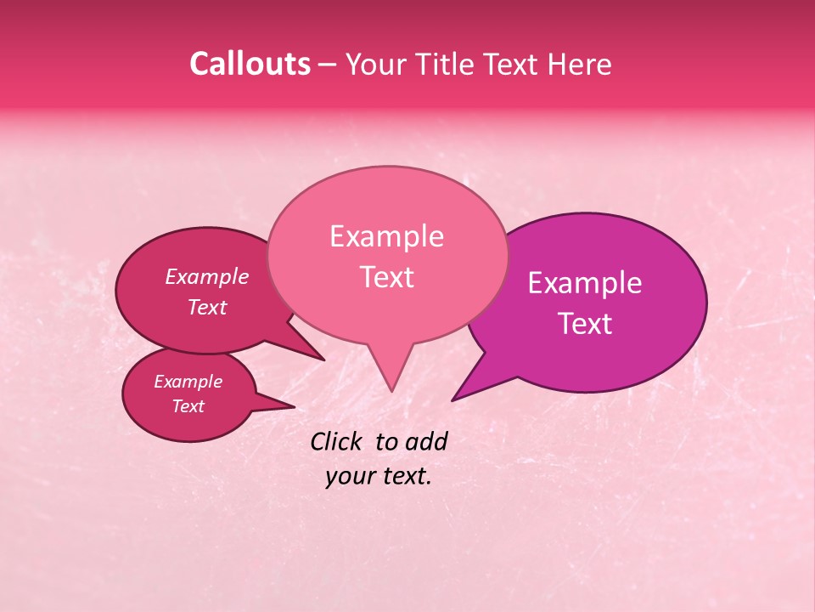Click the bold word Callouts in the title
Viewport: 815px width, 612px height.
pyautogui.click(x=250, y=64)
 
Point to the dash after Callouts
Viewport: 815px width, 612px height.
pyautogui.click(x=328, y=65)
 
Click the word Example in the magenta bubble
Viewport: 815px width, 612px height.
pyautogui.click(x=585, y=283)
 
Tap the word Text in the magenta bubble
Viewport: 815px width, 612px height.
pyautogui.click(x=585, y=323)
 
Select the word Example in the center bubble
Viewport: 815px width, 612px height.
pyautogui.click(x=386, y=236)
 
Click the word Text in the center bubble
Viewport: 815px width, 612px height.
pyautogui.click(x=386, y=276)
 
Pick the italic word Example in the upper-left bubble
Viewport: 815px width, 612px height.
pyautogui.click(x=206, y=276)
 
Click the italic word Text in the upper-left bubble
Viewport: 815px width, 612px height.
pyautogui.click(x=206, y=307)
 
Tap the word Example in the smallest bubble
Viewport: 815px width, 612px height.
pyautogui.click(x=188, y=382)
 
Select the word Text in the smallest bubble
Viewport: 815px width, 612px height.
pyautogui.click(x=188, y=406)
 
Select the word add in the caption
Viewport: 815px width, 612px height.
pyautogui.click(x=427, y=441)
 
